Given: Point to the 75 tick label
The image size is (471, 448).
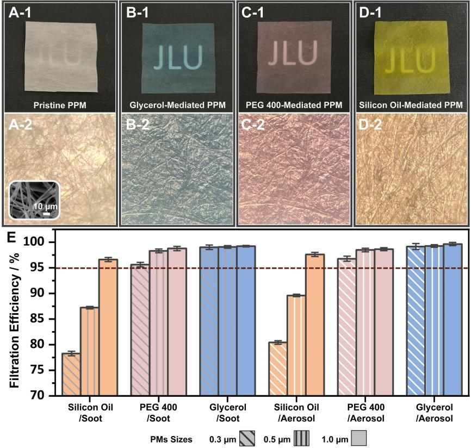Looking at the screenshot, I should (x=40, y=370).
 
